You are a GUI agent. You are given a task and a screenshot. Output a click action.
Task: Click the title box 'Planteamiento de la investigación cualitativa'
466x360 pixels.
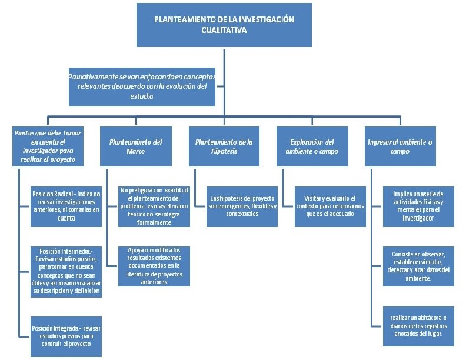pyautogui.click(x=224, y=24)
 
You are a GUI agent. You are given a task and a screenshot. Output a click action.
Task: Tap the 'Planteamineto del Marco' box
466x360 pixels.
pyautogui.click(x=136, y=146)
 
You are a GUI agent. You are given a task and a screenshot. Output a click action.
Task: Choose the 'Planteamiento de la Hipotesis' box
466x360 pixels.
pyautogui.click(x=224, y=146)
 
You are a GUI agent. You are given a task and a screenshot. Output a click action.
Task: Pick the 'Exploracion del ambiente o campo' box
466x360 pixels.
pyautogui.click(x=312, y=146)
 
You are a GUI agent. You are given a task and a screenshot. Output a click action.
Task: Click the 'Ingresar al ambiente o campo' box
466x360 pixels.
pyautogui.click(x=400, y=146)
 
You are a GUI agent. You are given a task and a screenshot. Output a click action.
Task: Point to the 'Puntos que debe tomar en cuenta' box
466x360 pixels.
pyautogui.click(x=48, y=146)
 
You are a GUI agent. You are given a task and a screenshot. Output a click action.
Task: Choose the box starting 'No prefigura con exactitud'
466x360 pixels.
pyautogui.click(x=154, y=206)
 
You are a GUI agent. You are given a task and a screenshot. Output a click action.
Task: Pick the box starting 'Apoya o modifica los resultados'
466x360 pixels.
pyautogui.click(x=154, y=266)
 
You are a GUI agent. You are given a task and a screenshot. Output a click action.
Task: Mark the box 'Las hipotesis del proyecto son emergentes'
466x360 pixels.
pyautogui.click(x=242, y=206)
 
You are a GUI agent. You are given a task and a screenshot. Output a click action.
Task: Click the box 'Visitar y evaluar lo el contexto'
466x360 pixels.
pyautogui.click(x=330, y=206)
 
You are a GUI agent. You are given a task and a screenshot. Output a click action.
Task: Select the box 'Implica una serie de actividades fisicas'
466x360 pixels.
pyautogui.click(x=418, y=206)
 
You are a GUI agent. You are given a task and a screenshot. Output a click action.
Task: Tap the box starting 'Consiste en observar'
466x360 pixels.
pyautogui.click(x=418, y=266)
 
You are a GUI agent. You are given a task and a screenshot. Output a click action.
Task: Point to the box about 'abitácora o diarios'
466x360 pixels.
pyautogui.click(x=418, y=325)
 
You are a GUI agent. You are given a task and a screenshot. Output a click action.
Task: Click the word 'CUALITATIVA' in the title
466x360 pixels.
pyautogui.click(x=224, y=29)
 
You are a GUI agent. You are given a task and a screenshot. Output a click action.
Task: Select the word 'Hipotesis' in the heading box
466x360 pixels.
pyautogui.click(x=224, y=151)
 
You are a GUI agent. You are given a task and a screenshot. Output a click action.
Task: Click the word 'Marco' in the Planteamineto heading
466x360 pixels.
pyautogui.click(x=135, y=151)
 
